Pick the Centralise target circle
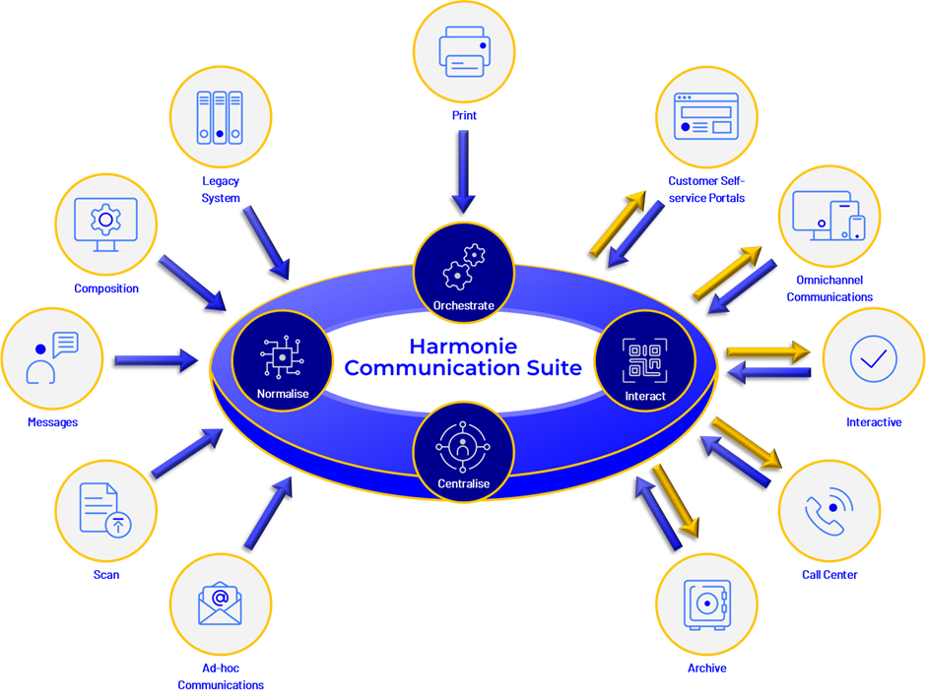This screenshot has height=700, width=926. click(463, 452)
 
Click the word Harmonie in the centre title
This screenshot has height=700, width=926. click(462, 347)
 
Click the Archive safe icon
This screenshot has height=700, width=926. click(707, 604)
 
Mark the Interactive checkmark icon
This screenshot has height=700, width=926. click(873, 359)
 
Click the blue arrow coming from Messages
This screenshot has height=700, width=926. click(157, 360)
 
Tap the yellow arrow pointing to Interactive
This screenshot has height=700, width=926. click(767, 350)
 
